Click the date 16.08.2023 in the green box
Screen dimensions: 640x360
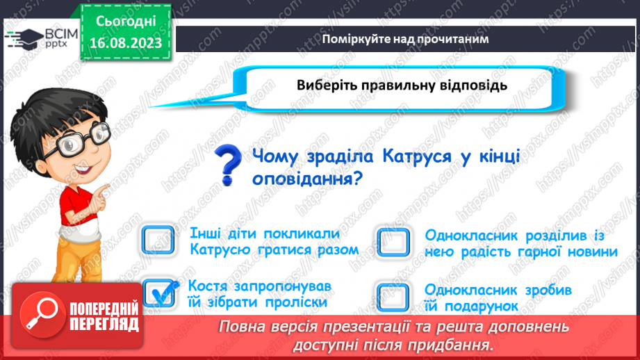click(126, 43)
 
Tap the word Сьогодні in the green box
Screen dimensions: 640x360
click(126, 22)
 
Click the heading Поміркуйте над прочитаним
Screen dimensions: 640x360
click(405, 39)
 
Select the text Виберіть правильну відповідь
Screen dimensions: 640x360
click(402, 85)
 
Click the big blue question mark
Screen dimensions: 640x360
click(227, 165)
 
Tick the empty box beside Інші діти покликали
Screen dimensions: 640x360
click(158, 240)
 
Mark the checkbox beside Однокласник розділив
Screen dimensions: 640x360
click(393, 243)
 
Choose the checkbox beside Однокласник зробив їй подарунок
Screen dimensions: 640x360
click(393, 297)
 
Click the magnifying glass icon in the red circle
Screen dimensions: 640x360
click(42, 314)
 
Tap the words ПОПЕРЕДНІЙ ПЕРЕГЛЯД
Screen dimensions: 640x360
click(104, 316)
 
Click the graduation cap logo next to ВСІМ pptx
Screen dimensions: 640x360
click(24, 39)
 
